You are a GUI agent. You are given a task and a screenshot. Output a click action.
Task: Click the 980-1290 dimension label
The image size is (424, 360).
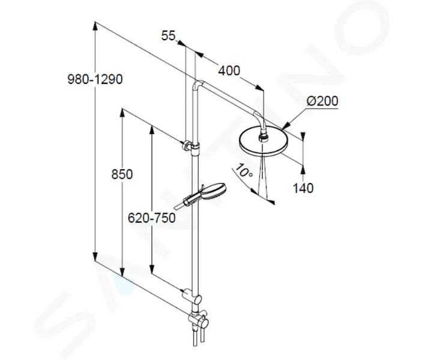(x=95, y=79)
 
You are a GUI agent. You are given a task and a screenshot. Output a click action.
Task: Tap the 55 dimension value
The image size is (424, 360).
(x=168, y=35)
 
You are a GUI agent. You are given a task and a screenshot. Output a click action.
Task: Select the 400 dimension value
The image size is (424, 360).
(x=229, y=71)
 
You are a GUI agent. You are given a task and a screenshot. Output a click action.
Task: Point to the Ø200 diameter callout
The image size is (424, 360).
(x=323, y=101)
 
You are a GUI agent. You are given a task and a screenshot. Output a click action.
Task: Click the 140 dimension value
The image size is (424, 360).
(x=303, y=188)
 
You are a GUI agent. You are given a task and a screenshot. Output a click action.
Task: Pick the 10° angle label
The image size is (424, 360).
(x=244, y=170)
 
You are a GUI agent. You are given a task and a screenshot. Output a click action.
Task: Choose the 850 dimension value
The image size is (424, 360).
(x=122, y=174)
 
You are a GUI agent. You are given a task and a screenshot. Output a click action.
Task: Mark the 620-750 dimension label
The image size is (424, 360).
(x=152, y=218)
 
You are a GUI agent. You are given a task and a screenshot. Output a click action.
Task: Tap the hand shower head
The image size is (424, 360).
(x=214, y=190)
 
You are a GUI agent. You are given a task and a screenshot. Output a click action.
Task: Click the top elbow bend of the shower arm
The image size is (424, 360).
(x=198, y=84)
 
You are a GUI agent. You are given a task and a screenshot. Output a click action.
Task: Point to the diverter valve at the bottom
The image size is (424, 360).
(x=199, y=320)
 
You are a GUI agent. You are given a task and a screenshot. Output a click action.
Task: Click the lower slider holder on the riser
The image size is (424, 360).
(x=193, y=296)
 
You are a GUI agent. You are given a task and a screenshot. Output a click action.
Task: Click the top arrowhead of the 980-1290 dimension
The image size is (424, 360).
(x=95, y=26)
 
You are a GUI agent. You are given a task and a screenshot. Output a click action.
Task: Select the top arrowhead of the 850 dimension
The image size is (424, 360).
(x=123, y=113)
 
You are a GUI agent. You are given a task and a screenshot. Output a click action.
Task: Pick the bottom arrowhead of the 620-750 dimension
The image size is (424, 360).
(x=152, y=269)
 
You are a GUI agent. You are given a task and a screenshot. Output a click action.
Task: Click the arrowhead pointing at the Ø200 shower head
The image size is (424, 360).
(x=285, y=125)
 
